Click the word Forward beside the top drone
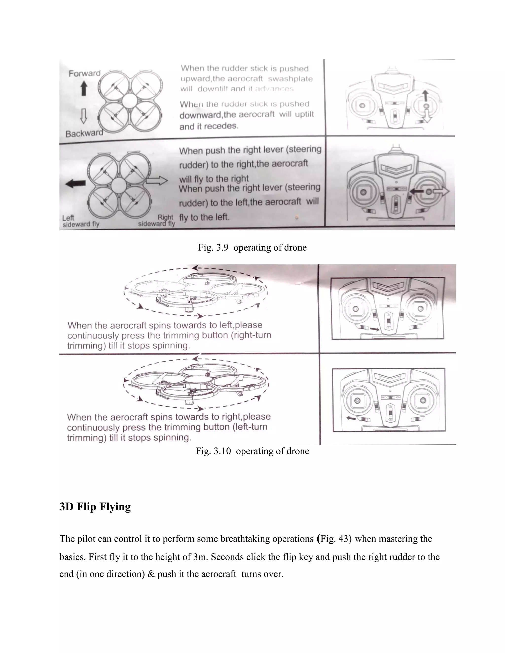click(84, 73)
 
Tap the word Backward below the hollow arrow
click(84, 133)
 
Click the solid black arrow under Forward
click(84, 89)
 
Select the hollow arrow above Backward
click(84, 116)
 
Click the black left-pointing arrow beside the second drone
click(75, 183)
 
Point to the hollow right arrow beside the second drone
click(157, 181)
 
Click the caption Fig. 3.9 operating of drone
click(252, 248)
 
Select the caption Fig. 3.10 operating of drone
click(252, 451)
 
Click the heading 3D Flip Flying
click(95, 507)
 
